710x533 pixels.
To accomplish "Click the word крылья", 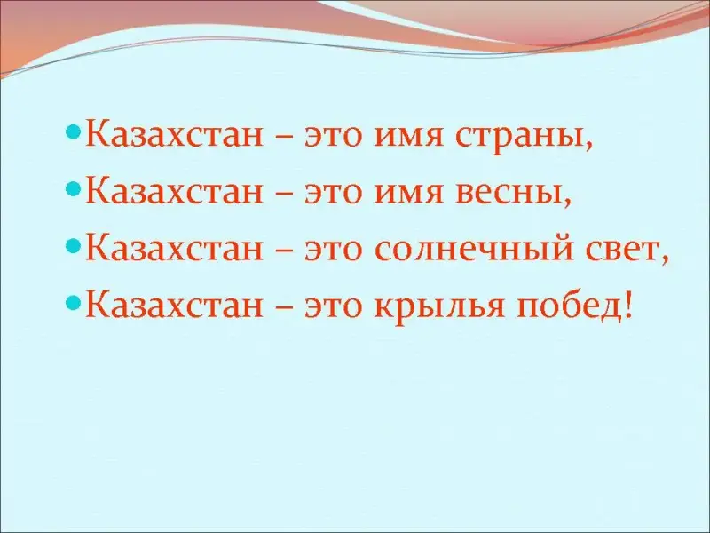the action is [439, 306].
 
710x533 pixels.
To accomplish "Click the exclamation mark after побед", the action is [627, 305].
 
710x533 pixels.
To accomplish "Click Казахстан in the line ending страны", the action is [174, 134].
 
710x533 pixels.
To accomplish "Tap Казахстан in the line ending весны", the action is [174, 190].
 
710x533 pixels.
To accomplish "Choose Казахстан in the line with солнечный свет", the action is [174, 247].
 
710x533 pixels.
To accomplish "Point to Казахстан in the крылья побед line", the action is [174, 303].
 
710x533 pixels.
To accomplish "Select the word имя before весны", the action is [408, 193].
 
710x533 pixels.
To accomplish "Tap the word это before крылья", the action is [334, 306].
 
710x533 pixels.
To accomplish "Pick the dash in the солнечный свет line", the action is [283, 251].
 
